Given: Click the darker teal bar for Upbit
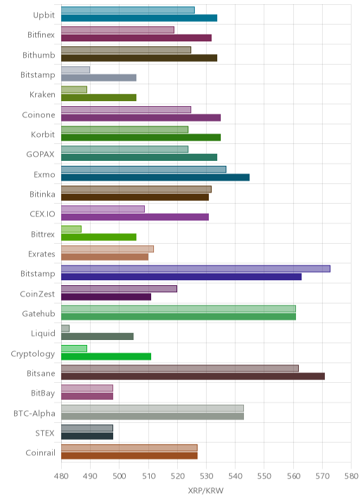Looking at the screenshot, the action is [139, 18].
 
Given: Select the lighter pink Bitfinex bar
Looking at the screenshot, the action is [117, 30].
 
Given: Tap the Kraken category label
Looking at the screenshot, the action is [42, 95].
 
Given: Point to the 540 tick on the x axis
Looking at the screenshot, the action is [235, 476].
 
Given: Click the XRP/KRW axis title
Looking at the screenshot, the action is [205, 490].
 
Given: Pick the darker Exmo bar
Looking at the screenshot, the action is [155, 178].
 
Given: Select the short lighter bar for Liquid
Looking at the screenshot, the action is [65, 329].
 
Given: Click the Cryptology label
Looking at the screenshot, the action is [33, 354].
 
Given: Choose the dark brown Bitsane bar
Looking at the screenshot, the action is [193, 377].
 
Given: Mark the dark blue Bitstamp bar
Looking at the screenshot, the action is [181, 277].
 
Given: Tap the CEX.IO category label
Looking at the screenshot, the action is [42, 214].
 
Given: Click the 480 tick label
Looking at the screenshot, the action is [61, 476].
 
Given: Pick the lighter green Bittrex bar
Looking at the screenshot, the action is [71, 229].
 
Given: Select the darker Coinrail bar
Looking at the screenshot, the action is [129, 456].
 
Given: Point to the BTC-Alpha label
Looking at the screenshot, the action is [34, 414].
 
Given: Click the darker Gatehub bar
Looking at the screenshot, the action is [179, 317].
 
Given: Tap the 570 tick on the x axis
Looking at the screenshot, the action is [322, 476].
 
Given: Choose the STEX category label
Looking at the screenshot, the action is [45, 433].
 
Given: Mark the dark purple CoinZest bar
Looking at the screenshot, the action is [106, 296].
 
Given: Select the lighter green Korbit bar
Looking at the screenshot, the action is [124, 129].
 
